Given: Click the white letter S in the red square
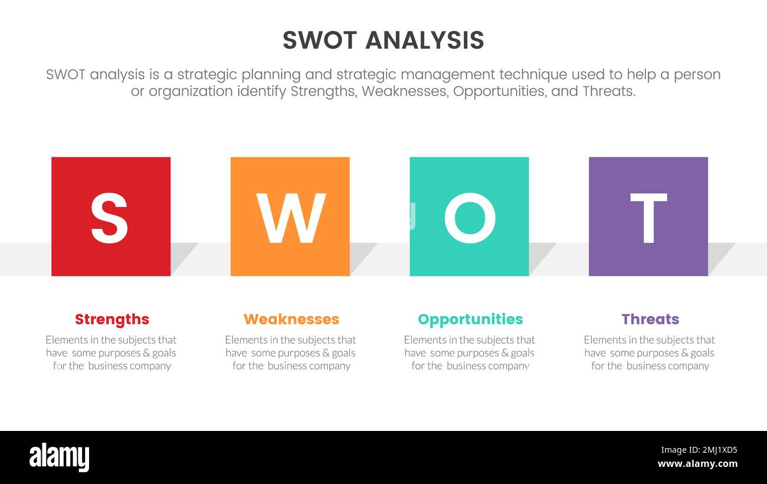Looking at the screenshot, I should [x=109, y=218].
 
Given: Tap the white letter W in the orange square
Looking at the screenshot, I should [x=290, y=218].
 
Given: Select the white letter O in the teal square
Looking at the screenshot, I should [x=470, y=218].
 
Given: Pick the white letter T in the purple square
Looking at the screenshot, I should [x=648, y=218].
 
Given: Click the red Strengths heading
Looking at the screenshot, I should [x=112, y=319].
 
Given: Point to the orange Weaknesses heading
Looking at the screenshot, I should [x=291, y=319].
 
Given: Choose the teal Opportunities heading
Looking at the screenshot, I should [x=470, y=319].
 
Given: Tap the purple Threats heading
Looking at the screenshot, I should [x=650, y=319].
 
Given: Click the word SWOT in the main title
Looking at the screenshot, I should [x=320, y=40].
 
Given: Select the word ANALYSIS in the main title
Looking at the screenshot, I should [x=425, y=40].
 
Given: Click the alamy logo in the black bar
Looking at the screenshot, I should [x=59, y=457].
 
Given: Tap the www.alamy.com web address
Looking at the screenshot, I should [x=697, y=464].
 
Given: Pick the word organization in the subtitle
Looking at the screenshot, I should [x=189, y=91].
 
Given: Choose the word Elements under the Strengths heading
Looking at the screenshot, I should [x=66, y=340].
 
